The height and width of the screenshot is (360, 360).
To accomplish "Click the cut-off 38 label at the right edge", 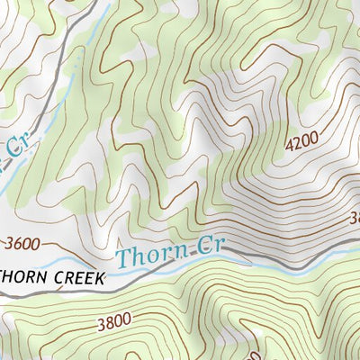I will click(353, 217).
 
